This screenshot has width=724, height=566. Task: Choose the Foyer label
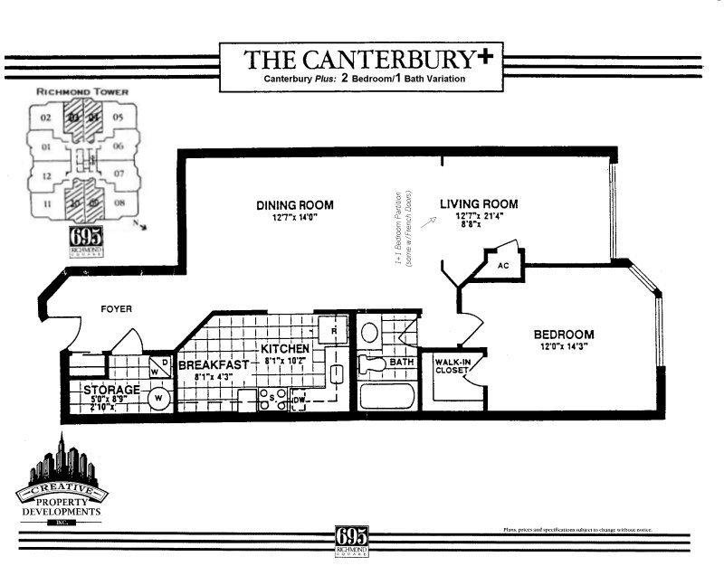point(117,309)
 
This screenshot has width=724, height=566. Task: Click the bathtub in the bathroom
point(387,397)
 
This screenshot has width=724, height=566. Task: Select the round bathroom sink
point(369,332)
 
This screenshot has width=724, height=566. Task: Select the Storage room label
point(111,390)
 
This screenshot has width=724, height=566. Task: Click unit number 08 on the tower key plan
point(119,204)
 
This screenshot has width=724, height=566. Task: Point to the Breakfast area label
point(213,366)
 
